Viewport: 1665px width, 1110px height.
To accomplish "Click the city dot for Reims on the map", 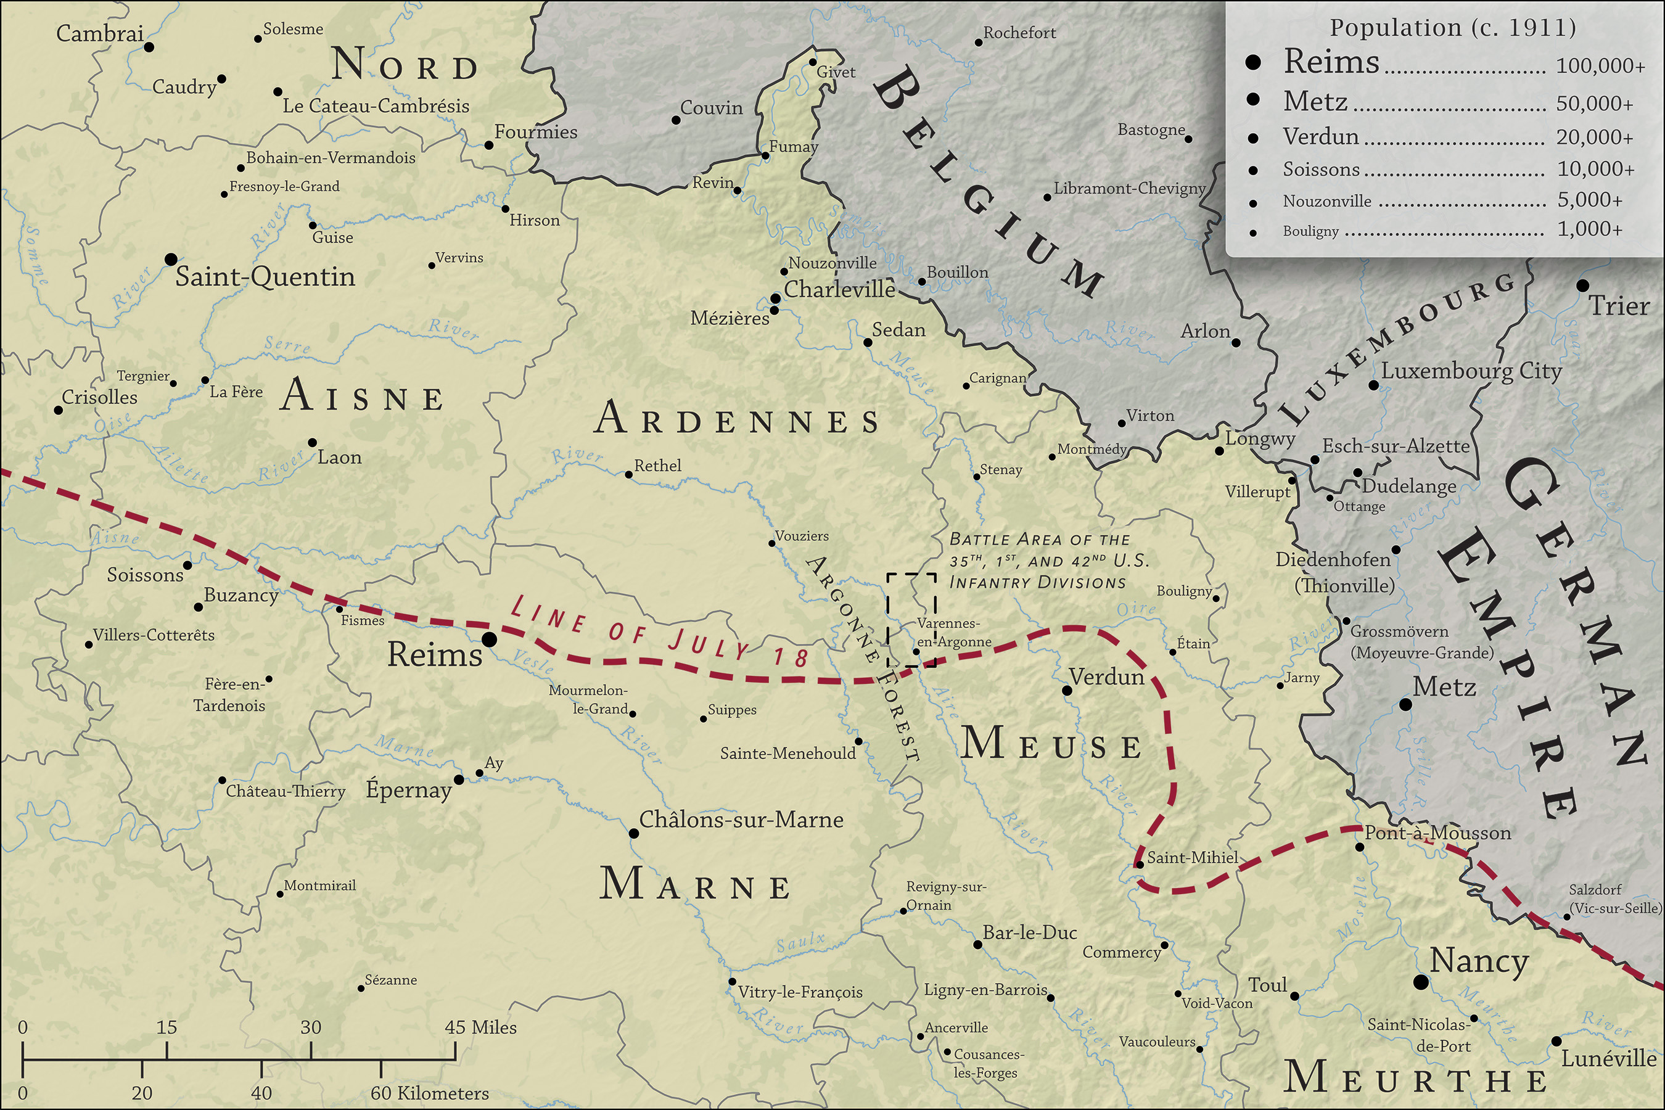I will pos(488,640).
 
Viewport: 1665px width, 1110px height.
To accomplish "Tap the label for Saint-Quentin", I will pos(265,277).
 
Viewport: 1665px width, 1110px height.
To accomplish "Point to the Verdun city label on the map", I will pos(1106,678).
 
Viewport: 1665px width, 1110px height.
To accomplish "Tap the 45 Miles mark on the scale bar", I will pos(480,1027).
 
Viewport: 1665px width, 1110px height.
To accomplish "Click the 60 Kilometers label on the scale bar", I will pos(429,1093).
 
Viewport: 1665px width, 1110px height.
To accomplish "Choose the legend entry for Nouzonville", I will pos(1326,202).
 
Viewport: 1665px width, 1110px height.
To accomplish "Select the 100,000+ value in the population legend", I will pos(1600,66).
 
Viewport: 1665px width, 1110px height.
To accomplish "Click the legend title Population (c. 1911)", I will pos(1453,28).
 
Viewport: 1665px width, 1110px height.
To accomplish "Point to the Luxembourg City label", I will pos(1471,371).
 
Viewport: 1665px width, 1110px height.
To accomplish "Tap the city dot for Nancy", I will pos(1420,982).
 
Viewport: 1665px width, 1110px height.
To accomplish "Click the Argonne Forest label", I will pos(864,659).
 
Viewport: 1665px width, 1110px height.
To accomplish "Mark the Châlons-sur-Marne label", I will pos(741,820).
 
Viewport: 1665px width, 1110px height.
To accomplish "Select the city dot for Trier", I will pos(1582,286).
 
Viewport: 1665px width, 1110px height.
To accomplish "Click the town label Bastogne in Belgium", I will pos(1151,129).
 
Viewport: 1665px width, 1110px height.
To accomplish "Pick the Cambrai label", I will pos(100,33).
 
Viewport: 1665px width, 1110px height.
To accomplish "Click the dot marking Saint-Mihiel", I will pos(1140,865).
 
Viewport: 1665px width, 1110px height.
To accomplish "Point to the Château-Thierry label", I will pos(286,791).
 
